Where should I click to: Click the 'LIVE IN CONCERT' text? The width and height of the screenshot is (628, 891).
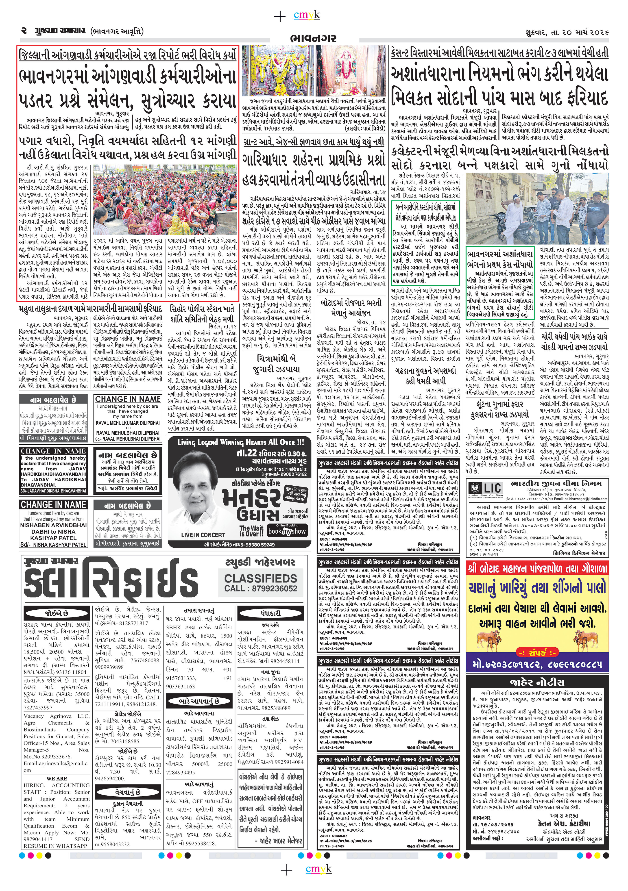[x=203, y=535]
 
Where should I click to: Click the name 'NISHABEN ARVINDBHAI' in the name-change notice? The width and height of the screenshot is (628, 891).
[x=54, y=525]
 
